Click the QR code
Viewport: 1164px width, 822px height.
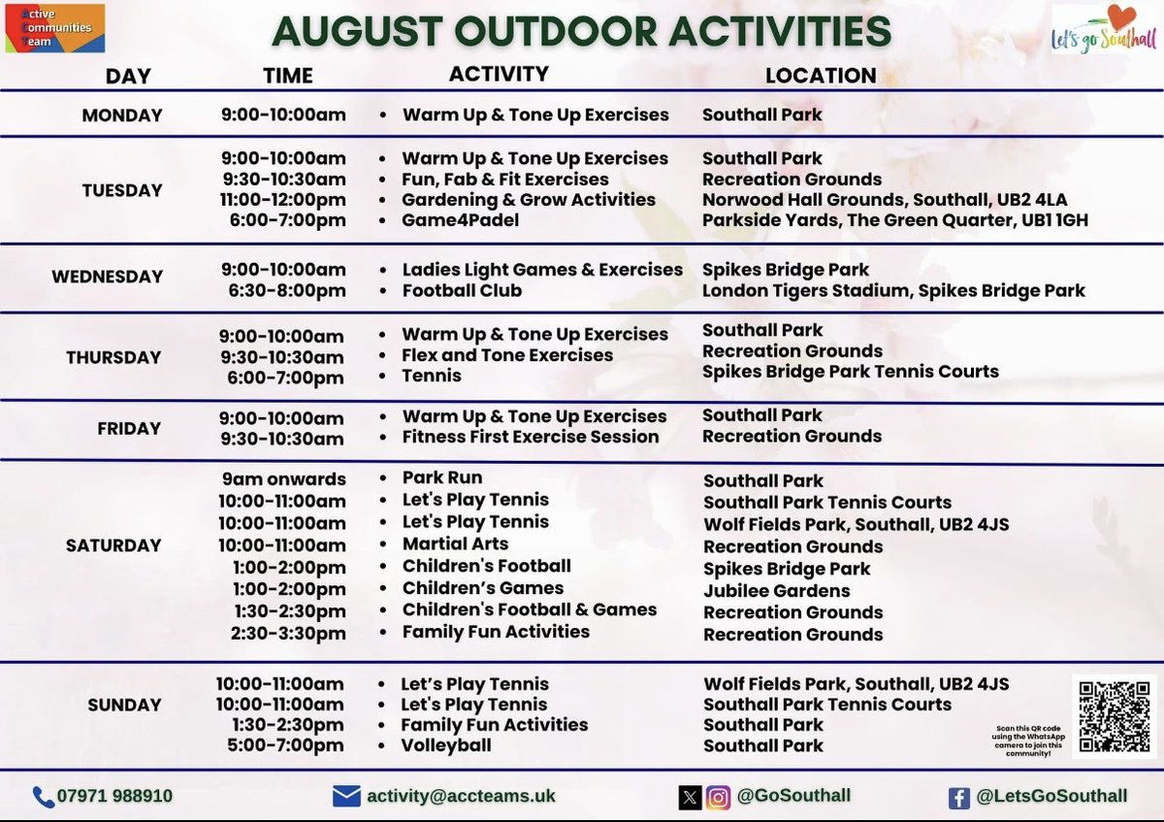pos(1114,715)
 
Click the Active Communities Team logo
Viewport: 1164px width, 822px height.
pos(54,28)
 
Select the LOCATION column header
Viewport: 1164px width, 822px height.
pos(821,76)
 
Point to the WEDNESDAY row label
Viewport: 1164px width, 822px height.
pos(108,277)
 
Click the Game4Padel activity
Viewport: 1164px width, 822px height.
pos(461,220)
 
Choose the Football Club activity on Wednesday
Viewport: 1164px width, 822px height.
pos(462,290)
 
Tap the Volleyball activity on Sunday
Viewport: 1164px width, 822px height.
pos(446,745)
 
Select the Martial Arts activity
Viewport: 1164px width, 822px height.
pos(455,543)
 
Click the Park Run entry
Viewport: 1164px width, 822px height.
pos(442,477)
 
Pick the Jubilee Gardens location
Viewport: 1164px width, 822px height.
pos(777,590)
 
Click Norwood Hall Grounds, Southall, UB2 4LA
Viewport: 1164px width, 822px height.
pos(885,200)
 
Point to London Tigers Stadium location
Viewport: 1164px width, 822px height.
pos(893,290)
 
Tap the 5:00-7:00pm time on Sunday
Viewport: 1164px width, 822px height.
pos(281,745)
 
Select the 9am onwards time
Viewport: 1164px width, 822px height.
pos(283,478)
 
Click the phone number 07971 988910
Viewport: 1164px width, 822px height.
pos(116,796)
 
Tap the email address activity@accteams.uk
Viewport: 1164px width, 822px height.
pos(461,796)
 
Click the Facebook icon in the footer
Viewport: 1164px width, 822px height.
pos(958,797)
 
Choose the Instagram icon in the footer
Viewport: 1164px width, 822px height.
pos(718,797)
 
